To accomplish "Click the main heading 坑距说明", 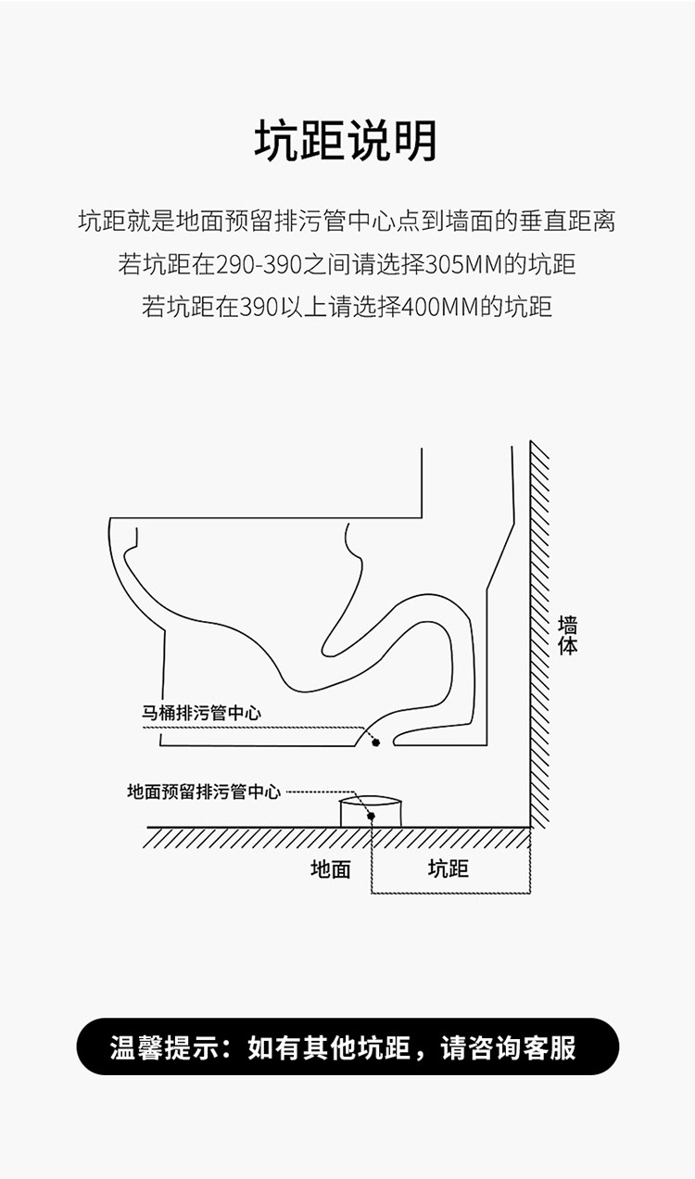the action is pyautogui.click(x=346, y=141).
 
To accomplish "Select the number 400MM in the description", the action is pyautogui.click(x=440, y=306).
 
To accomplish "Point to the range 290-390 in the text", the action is pyautogui.click(x=259, y=264).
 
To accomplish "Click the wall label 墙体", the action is pyautogui.click(x=568, y=635).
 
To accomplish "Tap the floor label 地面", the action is pyautogui.click(x=330, y=869).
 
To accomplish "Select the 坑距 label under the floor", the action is pyautogui.click(x=448, y=868).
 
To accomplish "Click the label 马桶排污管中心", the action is pyautogui.click(x=201, y=713).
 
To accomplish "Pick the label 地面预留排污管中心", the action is pyautogui.click(x=204, y=792).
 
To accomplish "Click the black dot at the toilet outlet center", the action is pyautogui.click(x=375, y=742).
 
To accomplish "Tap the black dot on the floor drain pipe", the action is pyautogui.click(x=371, y=816).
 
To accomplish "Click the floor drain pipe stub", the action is pyautogui.click(x=371, y=811).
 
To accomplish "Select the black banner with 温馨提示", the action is pyautogui.click(x=347, y=1046).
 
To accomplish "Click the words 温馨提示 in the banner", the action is pyautogui.click(x=164, y=1046).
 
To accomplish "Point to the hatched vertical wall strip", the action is pyautogui.click(x=539, y=634).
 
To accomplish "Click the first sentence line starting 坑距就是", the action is pyautogui.click(x=347, y=221).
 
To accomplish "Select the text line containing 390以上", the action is pyautogui.click(x=347, y=306).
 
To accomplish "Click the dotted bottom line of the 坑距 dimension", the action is pyautogui.click(x=451, y=894).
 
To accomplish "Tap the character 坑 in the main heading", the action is pyautogui.click(x=277, y=141).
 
